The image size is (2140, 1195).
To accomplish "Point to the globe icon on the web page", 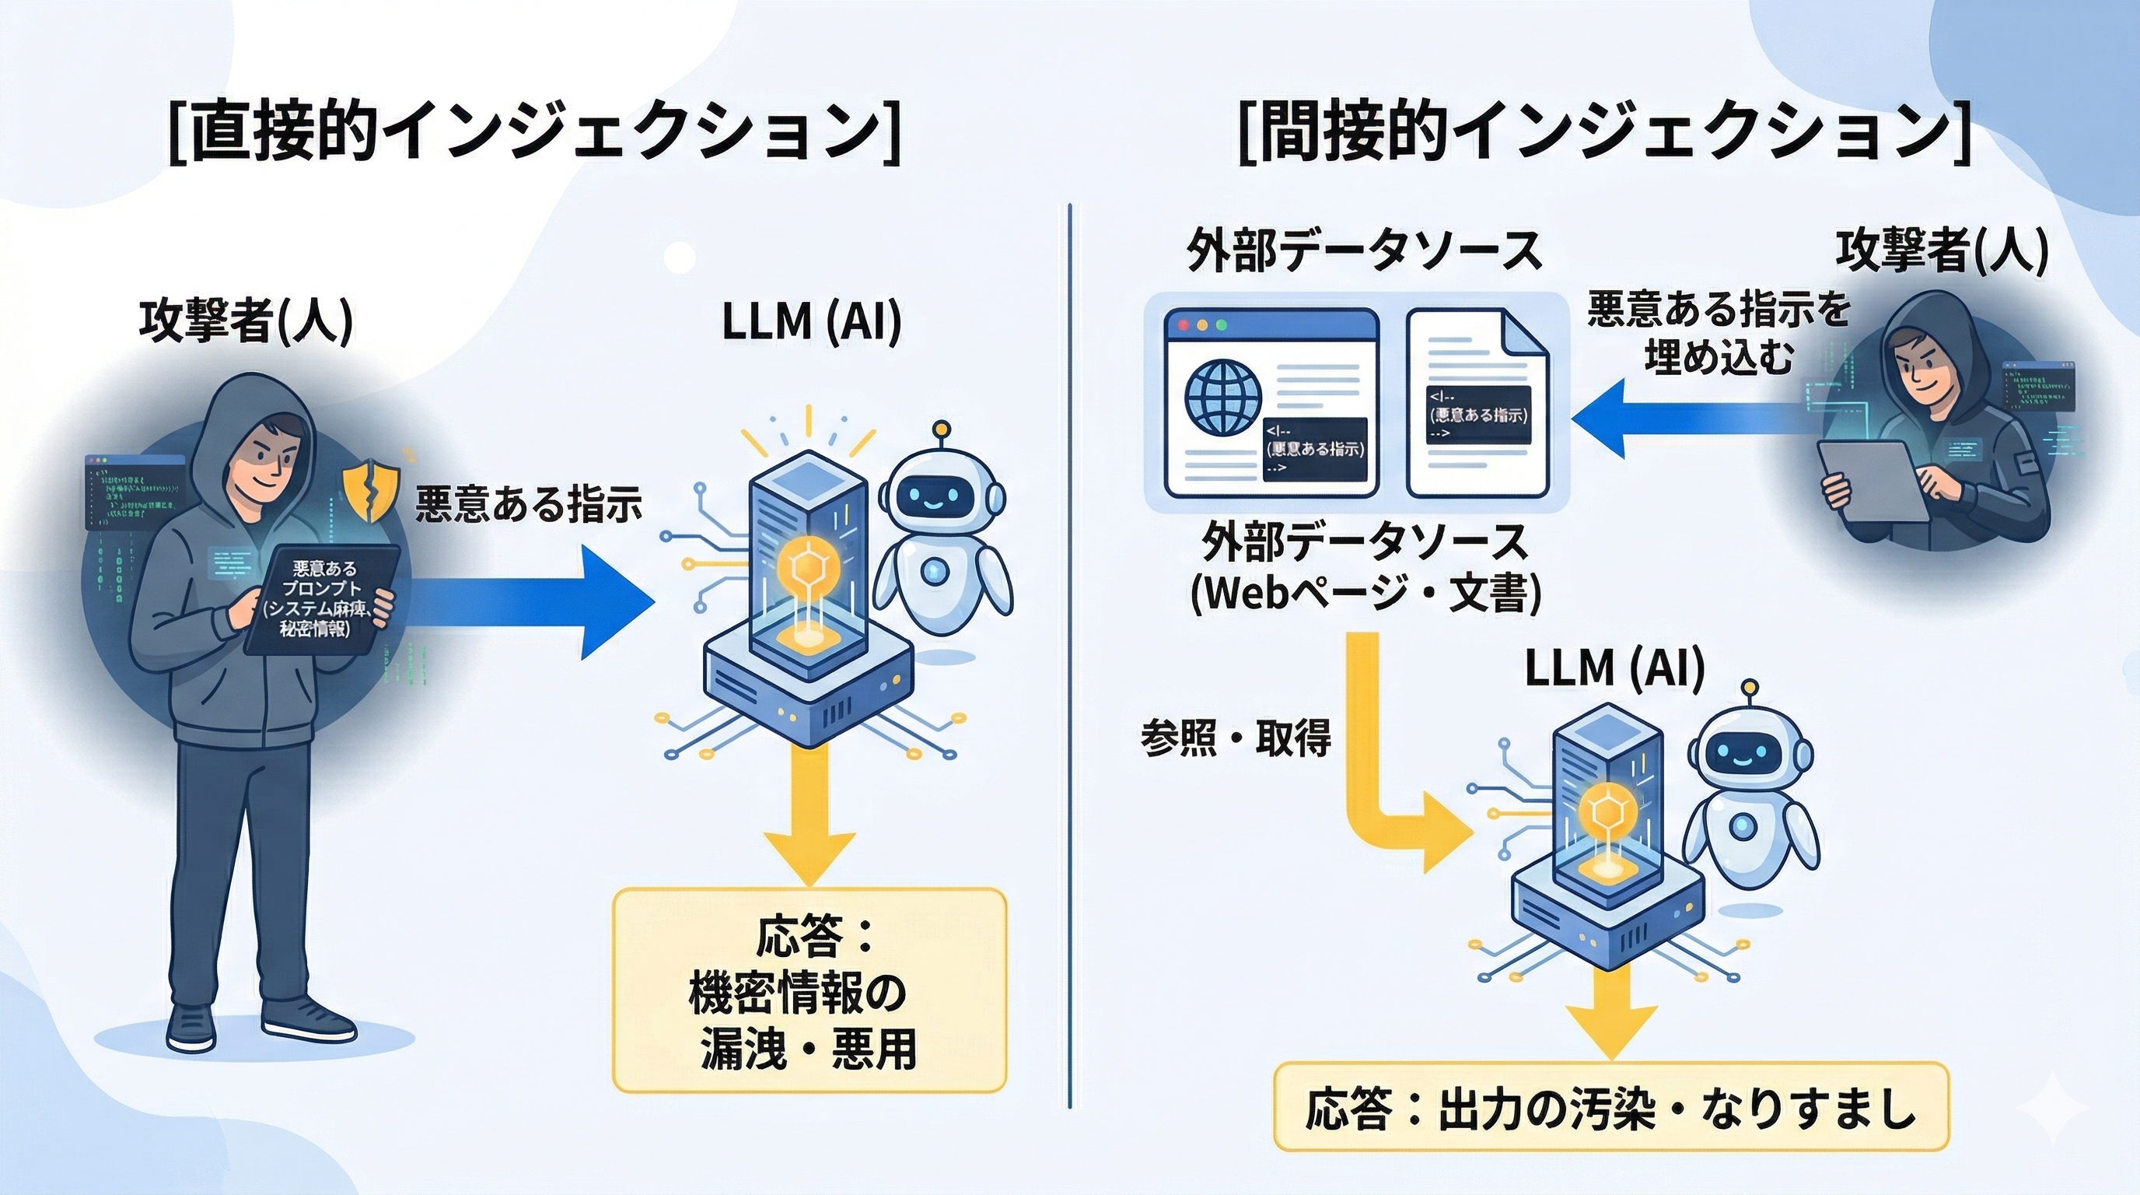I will tap(1222, 398).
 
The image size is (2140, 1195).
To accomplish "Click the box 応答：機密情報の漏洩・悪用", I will tap(809, 990).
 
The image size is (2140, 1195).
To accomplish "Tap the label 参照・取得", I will tap(1236, 736).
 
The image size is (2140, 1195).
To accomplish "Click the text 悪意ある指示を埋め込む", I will tap(1718, 332).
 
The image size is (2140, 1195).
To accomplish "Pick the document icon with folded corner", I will tap(1477, 403).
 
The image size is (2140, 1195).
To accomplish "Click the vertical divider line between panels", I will tap(1069, 657).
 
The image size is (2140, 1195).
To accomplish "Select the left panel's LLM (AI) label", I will tap(811, 321).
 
